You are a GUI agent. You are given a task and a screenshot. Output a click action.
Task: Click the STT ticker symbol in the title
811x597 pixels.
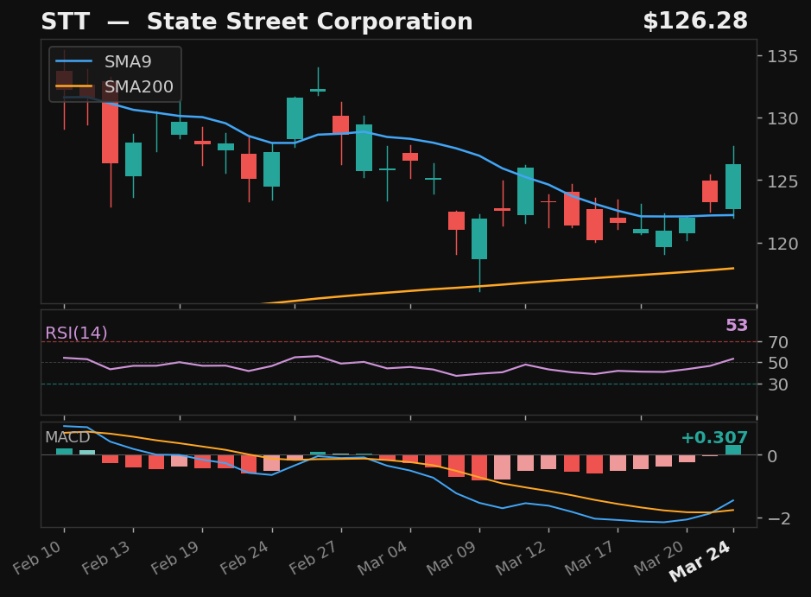[x=64, y=22]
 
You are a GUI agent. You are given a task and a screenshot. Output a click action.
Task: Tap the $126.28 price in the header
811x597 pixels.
[x=694, y=22]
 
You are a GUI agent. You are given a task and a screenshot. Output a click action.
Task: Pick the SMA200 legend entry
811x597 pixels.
[x=138, y=87]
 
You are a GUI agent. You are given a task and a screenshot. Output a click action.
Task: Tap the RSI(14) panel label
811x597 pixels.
[x=76, y=333]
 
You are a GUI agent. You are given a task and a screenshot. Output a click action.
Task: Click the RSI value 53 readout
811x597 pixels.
[x=736, y=326]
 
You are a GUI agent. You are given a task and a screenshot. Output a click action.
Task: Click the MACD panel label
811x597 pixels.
[x=67, y=438]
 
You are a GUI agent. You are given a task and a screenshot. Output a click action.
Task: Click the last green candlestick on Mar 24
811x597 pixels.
[x=733, y=187]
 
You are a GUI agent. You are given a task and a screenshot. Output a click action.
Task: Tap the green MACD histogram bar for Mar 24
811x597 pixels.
[x=733, y=449]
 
